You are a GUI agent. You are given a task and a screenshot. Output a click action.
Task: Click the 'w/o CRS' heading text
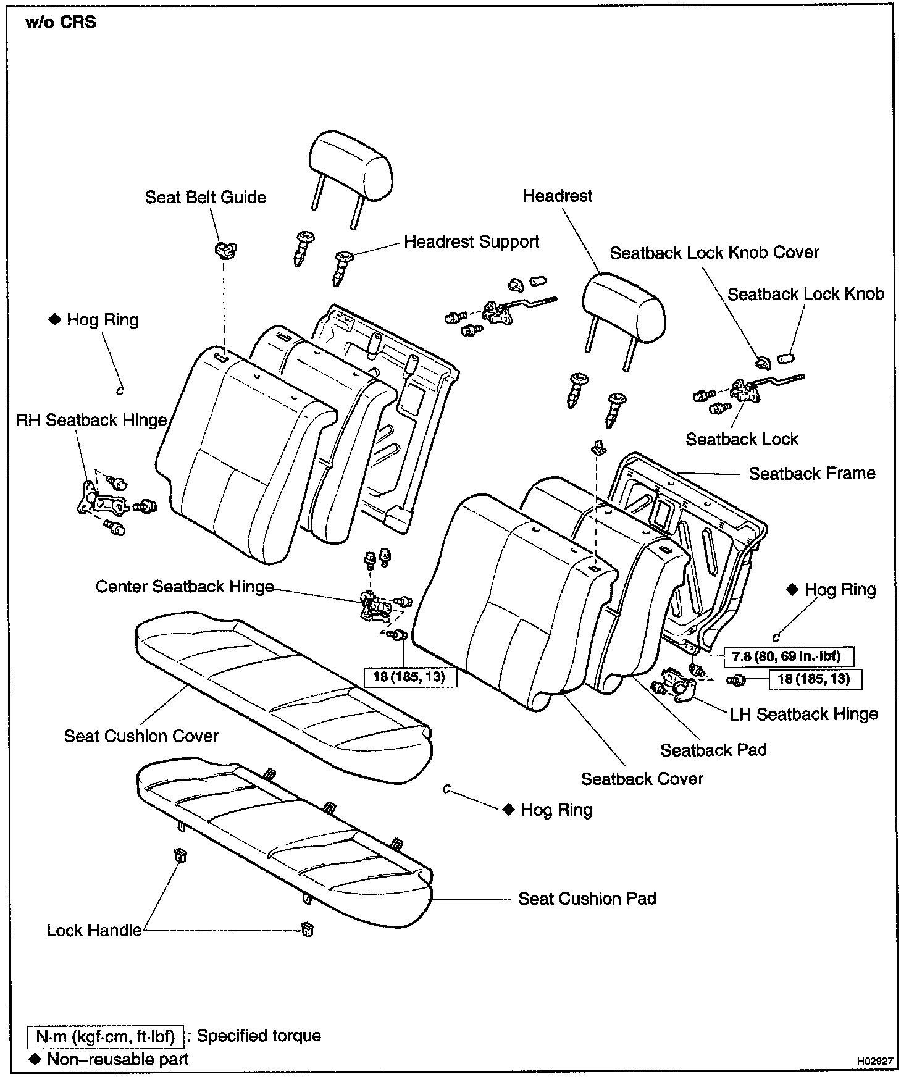click(61, 23)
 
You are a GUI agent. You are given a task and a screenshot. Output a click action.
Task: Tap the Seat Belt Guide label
click(206, 198)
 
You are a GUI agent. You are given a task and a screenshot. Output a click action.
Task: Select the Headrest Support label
click(471, 241)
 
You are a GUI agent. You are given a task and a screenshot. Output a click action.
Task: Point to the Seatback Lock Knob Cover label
click(714, 253)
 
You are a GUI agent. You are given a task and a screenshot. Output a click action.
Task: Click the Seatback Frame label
click(811, 474)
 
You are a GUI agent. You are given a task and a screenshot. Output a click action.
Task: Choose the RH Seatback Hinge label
click(91, 421)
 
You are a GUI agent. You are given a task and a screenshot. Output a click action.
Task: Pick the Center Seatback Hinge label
click(184, 587)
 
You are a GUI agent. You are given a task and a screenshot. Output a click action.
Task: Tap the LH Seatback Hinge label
click(803, 715)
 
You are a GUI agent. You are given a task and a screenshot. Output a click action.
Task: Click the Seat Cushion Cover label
click(141, 736)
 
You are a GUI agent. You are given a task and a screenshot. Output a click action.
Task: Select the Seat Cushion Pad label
click(587, 899)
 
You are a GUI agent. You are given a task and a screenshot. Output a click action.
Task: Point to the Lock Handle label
click(94, 931)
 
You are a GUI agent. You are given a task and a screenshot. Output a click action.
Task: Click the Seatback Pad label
click(713, 750)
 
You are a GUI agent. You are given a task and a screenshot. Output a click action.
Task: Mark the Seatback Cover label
click(642, 779)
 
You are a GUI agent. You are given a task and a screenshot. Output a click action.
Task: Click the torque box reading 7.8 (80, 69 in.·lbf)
click(789, 656)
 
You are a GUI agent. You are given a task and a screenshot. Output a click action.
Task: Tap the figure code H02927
click(874, 1061)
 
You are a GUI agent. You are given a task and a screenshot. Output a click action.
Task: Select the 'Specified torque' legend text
click(259, 1036)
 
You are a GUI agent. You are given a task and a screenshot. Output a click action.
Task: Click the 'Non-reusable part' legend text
click(117, 1060)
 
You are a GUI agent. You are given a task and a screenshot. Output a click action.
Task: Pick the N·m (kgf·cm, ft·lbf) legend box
click(106, 1036)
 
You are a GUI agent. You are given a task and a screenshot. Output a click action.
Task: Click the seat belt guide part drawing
click(225, 250)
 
